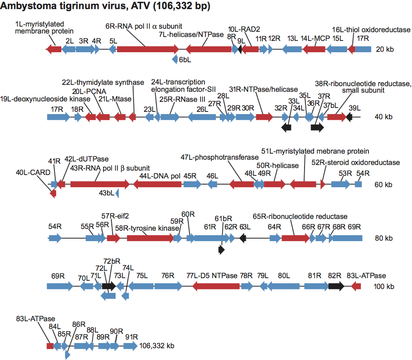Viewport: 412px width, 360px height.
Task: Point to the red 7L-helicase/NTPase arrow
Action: [208, 50]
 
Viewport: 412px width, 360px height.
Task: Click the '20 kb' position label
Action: [384, 50]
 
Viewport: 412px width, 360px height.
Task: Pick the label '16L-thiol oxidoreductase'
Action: [371, 30]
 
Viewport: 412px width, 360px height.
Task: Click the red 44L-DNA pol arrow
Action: [157, 185]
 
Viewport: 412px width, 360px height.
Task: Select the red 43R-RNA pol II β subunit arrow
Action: [100, 185]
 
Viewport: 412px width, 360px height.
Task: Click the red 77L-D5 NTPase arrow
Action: [216, 286]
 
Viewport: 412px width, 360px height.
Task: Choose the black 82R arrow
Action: [336, 286]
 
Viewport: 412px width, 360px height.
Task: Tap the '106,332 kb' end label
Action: [157, 346]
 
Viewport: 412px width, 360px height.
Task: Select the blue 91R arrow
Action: [130, 346]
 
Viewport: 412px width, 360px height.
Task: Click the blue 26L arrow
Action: [203, 117]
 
